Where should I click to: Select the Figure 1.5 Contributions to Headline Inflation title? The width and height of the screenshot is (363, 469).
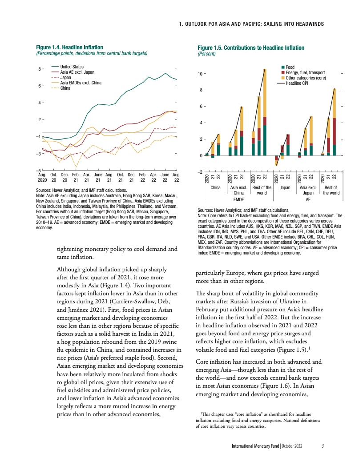[251, 48]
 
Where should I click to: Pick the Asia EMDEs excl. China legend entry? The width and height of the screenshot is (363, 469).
[81, 83]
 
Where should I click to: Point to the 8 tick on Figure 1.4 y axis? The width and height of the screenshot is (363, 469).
[40, 69]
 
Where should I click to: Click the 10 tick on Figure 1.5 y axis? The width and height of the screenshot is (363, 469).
[200, 74]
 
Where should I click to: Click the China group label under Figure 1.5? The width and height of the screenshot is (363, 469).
[215, 187]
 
